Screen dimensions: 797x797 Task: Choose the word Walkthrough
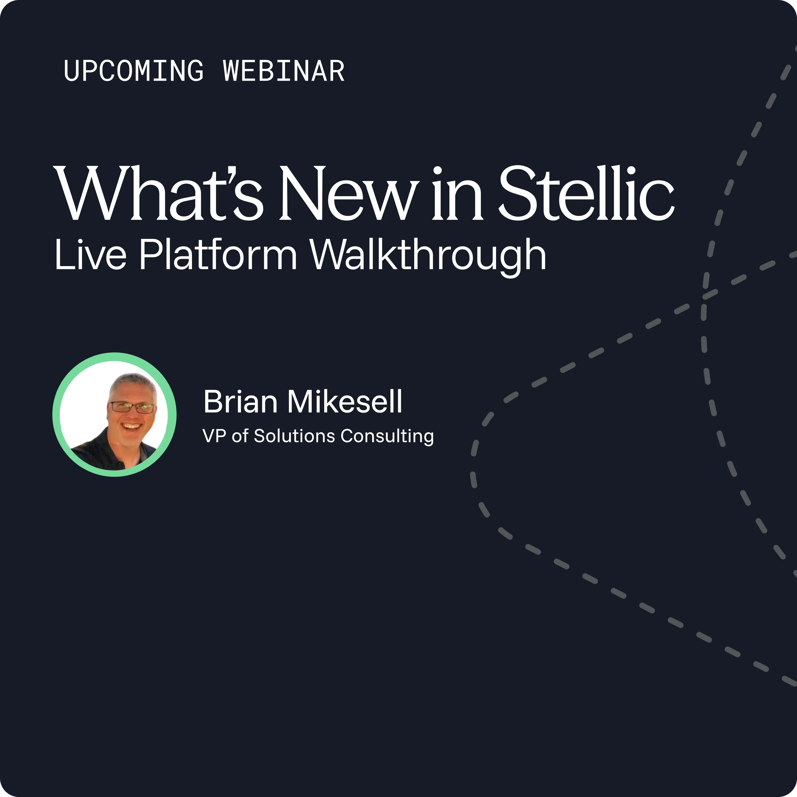click(428, 257)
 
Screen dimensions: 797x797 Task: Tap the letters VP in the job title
click(214, 436)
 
